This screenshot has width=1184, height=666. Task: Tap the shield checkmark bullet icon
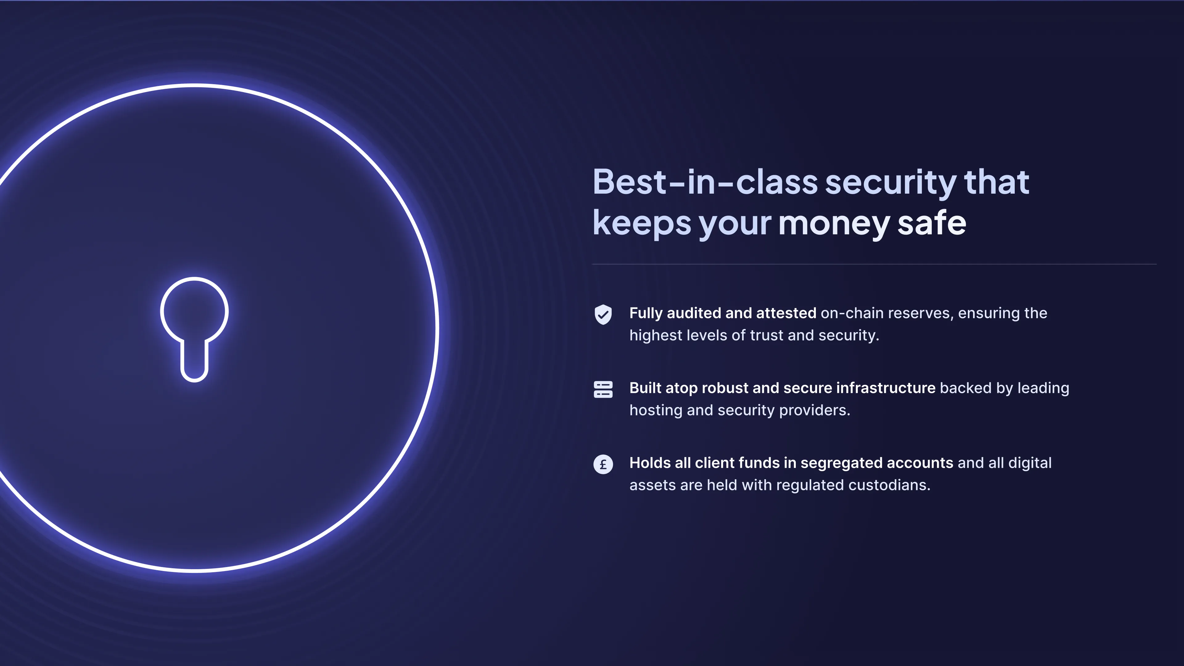coord(603,314)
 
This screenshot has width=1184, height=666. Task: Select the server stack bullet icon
coord(603,389)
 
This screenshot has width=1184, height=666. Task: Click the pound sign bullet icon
coord(603,464)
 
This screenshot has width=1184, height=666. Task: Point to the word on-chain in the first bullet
coord(852,313)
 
